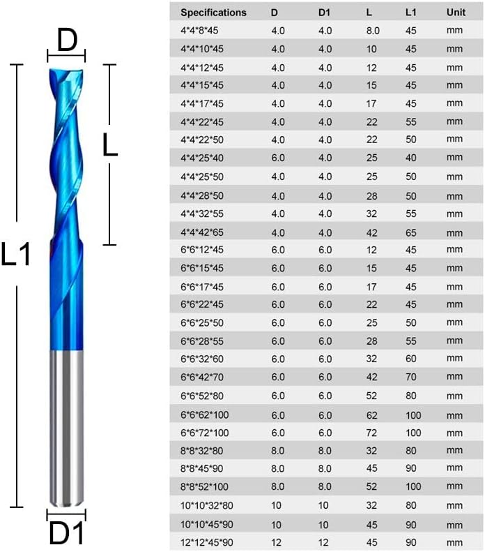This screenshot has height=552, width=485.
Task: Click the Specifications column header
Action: tap(213, 13)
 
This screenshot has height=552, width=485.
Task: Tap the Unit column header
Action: tap(456, 13)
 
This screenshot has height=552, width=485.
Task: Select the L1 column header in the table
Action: tap(410, 13)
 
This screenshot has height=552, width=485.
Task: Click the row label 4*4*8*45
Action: tap(199, 31)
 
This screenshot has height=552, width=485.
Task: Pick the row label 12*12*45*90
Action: tap(207, 542)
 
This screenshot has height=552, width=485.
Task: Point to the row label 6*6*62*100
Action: tap(205, 415)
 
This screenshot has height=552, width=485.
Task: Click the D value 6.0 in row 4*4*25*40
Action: tap(277, 158)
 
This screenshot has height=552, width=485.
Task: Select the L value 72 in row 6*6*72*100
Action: tap(371, 433)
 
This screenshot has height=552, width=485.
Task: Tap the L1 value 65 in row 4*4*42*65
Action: tap(411, 232)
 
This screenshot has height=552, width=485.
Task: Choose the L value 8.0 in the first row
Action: tap(373, 31)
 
